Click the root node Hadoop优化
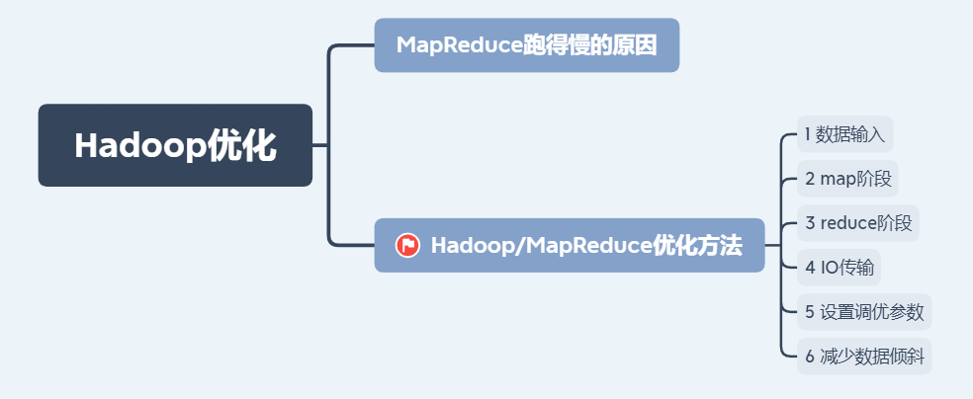tap(175, 145)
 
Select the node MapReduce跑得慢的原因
tap(526, 45)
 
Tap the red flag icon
tap(407, 245)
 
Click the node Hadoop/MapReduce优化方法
tap(569, 245)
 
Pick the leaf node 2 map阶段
tap(847, 179)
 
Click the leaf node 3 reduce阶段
tap(857, 222)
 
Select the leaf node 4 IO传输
tap(840, 267)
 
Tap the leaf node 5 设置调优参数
tap(863, 312)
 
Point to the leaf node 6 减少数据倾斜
tap(863, 356)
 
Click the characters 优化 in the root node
tap(243, 145)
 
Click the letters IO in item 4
tap(828, 267)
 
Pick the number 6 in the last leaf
tap(809, 356)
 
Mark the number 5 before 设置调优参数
tap(809, 312)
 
